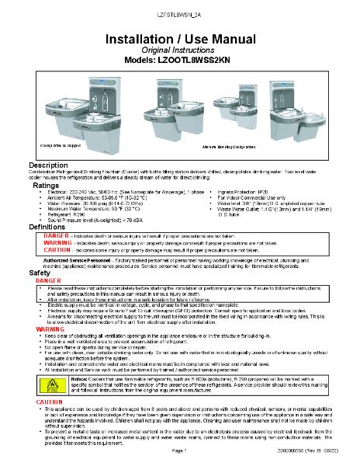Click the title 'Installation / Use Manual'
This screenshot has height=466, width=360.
[x=179, y=39]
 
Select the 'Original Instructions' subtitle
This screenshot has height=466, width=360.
[x=179, y=50]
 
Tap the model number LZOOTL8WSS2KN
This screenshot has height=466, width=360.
[x=179, y=60]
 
